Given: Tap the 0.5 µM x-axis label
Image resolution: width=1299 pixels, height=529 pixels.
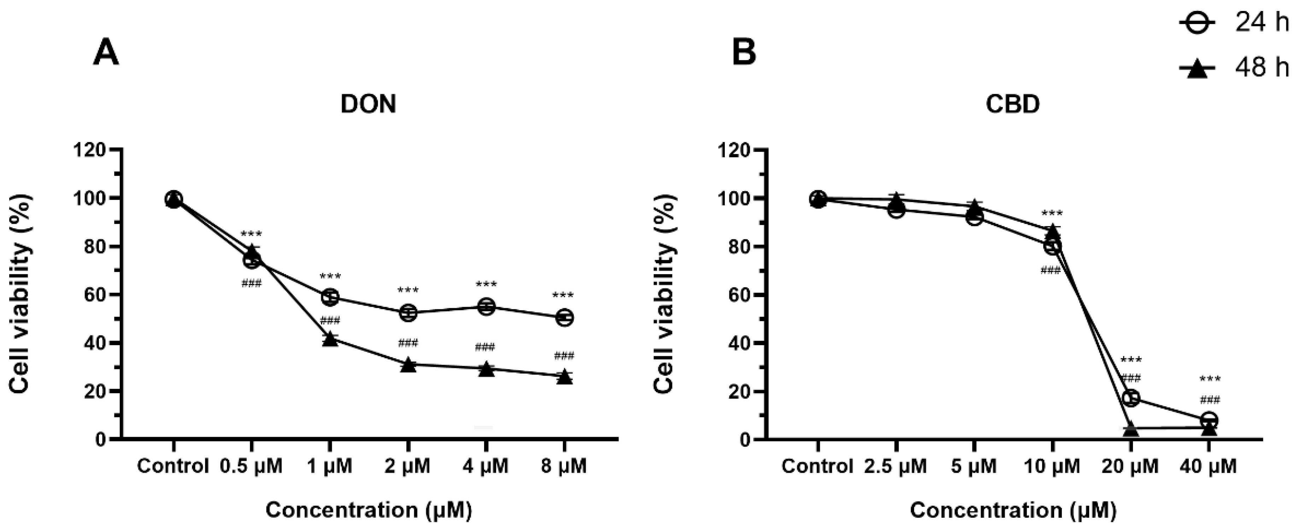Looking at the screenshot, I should (251, 466).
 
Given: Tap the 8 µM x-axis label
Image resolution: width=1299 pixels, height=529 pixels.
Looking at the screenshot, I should (564, 466).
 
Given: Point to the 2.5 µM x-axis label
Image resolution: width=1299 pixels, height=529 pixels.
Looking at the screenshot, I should (895, 466).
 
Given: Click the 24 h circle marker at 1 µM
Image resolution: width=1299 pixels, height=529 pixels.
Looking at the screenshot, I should (330, 297).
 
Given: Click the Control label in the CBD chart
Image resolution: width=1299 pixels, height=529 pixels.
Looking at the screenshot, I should (817, 466).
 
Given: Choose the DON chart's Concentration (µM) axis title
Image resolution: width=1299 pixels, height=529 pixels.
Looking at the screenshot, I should (369, 510).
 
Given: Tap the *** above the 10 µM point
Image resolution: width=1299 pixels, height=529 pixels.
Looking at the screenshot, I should (1052, 214).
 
